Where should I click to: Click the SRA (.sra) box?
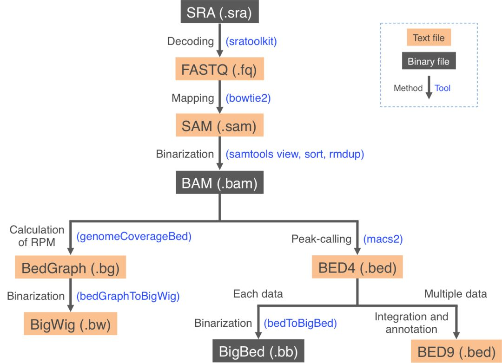tap(219, 12)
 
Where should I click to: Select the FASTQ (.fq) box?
tap(219, 71)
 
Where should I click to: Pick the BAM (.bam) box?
tap(219, 183)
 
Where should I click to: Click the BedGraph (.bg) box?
tap(71, 268)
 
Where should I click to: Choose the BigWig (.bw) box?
tap(71, 324)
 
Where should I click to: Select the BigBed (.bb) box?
tap(258, 351)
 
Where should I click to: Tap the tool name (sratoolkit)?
tap(251, 42)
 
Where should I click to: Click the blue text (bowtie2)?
tap(248, 98)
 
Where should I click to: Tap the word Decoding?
tap(191, 41)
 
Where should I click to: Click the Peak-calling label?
tap(321, 239)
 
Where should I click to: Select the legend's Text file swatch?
tap(428, 38)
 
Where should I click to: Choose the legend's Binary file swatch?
tap(428, 61)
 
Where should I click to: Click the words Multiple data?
tap(456, 293)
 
